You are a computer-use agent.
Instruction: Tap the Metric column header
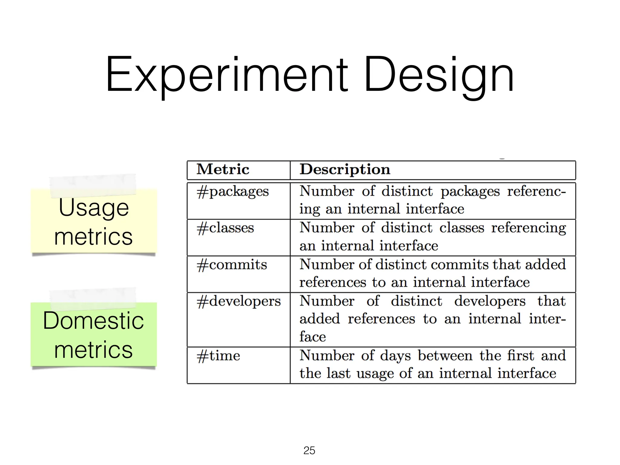click(x=223, y=169)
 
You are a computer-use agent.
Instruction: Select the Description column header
click(x=345, y=170)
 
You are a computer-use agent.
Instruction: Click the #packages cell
click(x=232, y=192)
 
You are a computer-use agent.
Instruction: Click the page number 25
click(x=309, y=450)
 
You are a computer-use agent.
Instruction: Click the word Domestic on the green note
click(x=93, y=321)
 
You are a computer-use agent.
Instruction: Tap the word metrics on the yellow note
click(x=93, y=236)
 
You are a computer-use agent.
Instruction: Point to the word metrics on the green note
click(x=93, y=350)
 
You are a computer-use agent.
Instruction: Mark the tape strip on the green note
click(x=93, y=298)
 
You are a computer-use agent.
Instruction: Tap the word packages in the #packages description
click(x=470, y=192)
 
